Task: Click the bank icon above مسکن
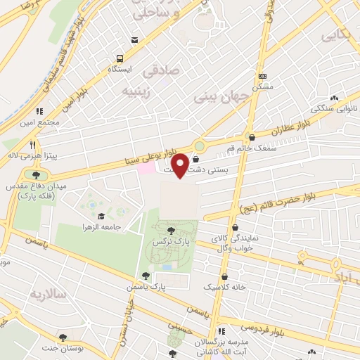tap(263, 76)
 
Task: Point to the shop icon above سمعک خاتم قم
tap(252, 137)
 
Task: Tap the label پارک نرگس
tap(170, 241)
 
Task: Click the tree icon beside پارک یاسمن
tap(145, 276)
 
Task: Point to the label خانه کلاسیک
tap(224, 288)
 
